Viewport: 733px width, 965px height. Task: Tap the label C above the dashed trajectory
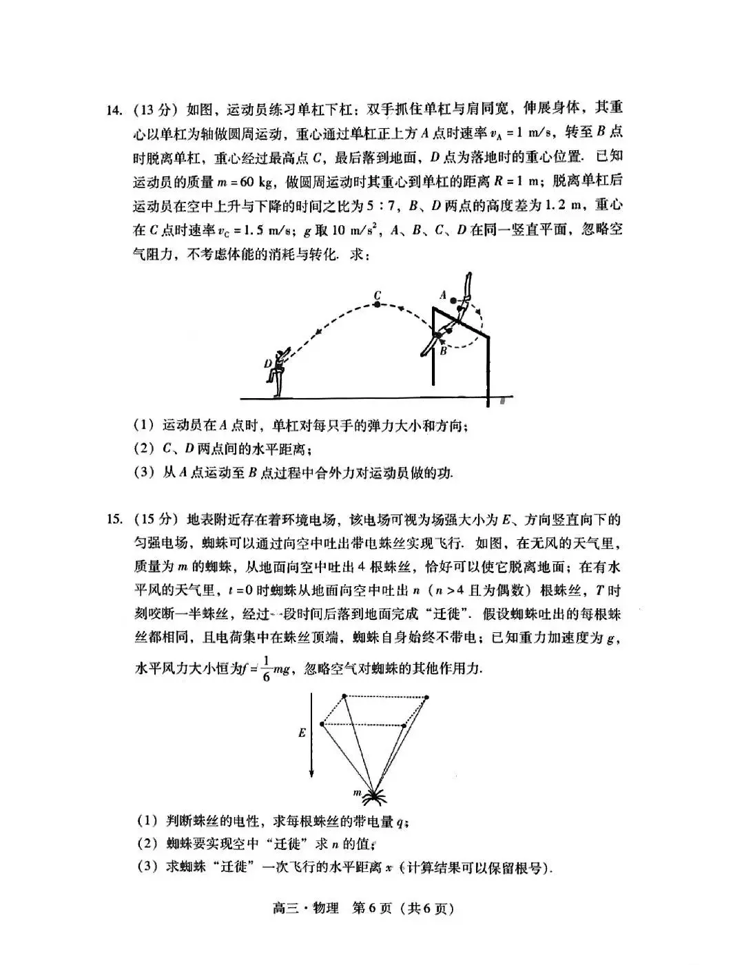coord(378,295)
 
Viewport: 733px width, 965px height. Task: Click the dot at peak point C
coord(377,304)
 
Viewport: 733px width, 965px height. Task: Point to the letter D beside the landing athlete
coord(267,363)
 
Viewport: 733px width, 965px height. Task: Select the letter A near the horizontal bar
coord(444,295)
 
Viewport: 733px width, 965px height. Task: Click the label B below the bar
coord(444,351)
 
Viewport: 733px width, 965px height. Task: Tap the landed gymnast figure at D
coord(279,372)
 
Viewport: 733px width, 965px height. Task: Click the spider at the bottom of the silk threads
coord(374,797)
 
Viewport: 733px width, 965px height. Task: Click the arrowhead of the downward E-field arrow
coord(313,772)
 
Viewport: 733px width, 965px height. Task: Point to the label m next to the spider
coord(358,792)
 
